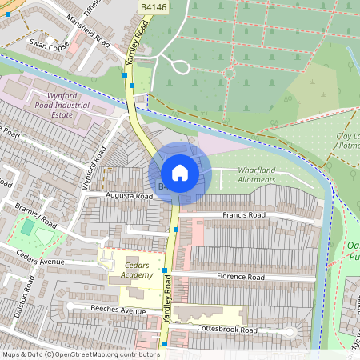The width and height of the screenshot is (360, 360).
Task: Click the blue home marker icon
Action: (x=180, y=173)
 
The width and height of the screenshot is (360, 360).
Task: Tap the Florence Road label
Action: (x=240, y=277)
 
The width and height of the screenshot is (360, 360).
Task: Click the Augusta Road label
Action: (x=130, y=195)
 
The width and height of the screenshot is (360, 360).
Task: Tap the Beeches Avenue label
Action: (x=118, y=310)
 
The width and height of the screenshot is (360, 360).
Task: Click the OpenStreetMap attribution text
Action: (x=80, y=354)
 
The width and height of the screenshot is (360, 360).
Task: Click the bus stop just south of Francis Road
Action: (x=175, y=230)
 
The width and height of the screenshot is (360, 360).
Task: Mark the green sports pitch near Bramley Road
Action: (x=29, y=228)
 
